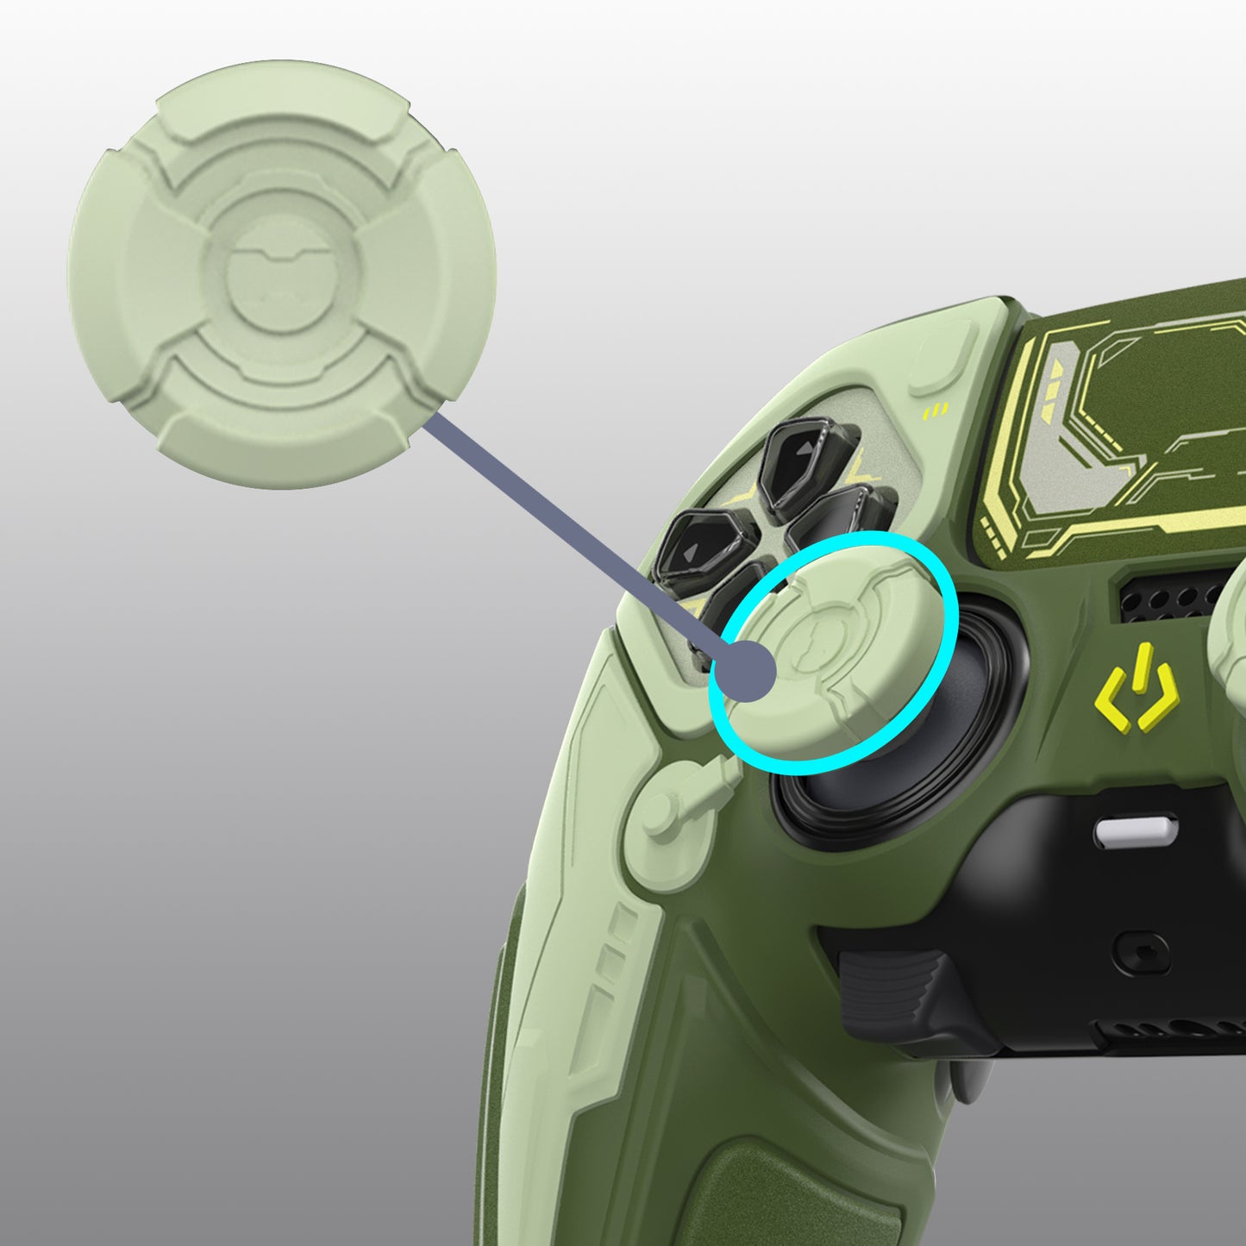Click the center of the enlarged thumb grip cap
coord(282,274)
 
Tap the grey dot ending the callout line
coord(747,672)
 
